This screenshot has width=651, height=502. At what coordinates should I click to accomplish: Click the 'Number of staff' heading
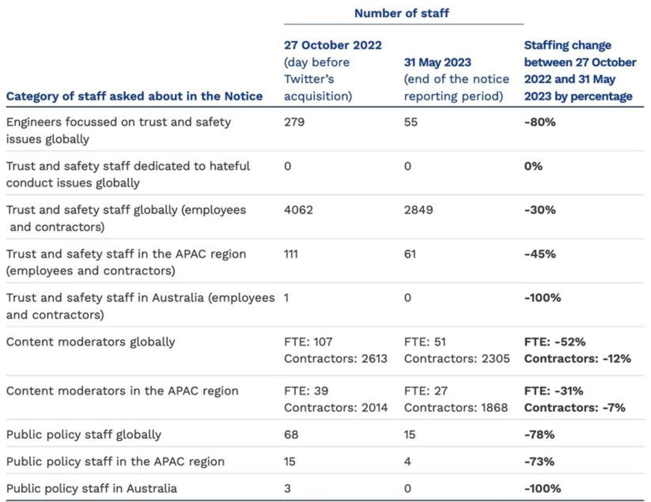(x=401, y=13)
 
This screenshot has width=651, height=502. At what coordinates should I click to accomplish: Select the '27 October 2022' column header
(x=333, y=45)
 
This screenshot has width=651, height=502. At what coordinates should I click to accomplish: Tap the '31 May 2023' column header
(x=437, y=62)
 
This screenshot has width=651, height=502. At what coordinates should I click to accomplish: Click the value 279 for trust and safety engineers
(x=294, y=122)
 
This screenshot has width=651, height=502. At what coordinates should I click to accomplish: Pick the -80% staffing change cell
(x=540, y=122)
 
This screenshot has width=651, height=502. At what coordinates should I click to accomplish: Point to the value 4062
(x=298, y=210)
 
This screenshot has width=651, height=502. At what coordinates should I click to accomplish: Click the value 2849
(x=418, y=210)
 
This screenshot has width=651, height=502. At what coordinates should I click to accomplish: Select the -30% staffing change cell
(x=540, y=210)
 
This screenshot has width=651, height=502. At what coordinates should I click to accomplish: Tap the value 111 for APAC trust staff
(x=291, y=254)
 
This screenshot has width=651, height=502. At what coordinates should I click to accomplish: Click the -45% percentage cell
(x=540, y=254)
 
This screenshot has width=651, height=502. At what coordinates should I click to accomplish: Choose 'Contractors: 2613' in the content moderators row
(x=336, y=359)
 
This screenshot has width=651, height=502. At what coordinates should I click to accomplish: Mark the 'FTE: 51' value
(x=425, y=342)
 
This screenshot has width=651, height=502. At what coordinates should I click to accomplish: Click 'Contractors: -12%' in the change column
(x=577, y=359)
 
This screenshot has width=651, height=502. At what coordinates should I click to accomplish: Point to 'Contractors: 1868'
(x=456, y=407)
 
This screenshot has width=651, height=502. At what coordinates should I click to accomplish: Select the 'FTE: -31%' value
(x=554, y=391)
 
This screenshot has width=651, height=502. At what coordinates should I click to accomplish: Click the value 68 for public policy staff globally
(x=291, y=435)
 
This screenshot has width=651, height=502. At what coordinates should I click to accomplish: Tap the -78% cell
(x=539, y=435)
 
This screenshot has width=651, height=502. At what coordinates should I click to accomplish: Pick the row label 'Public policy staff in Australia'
(x=92, y=488)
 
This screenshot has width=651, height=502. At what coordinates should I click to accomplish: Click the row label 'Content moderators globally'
(x=91, y=342)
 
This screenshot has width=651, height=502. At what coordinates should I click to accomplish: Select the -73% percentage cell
(x=539, y=461)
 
